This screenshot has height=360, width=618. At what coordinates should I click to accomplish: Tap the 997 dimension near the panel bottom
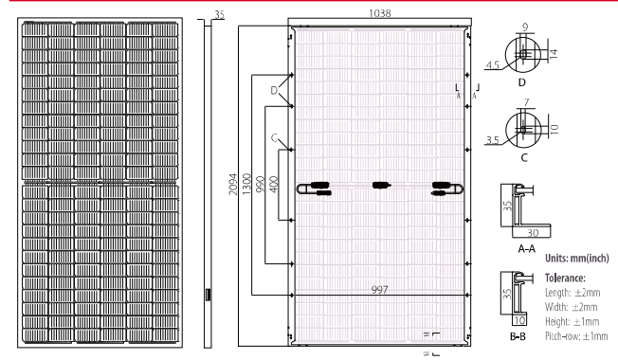379,290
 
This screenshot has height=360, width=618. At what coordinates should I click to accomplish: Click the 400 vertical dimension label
272,183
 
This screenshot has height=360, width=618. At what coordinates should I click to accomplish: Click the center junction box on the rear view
380,185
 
